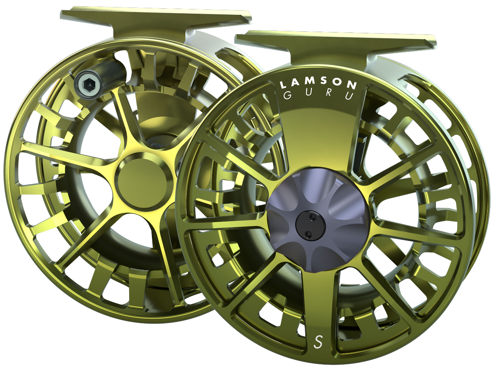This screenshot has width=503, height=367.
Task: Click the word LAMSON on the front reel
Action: [317, 84]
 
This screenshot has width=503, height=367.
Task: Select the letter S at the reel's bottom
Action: [319, 342]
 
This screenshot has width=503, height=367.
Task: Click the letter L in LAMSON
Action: [283, 84]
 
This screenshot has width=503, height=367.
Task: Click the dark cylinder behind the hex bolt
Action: [114, 74]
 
